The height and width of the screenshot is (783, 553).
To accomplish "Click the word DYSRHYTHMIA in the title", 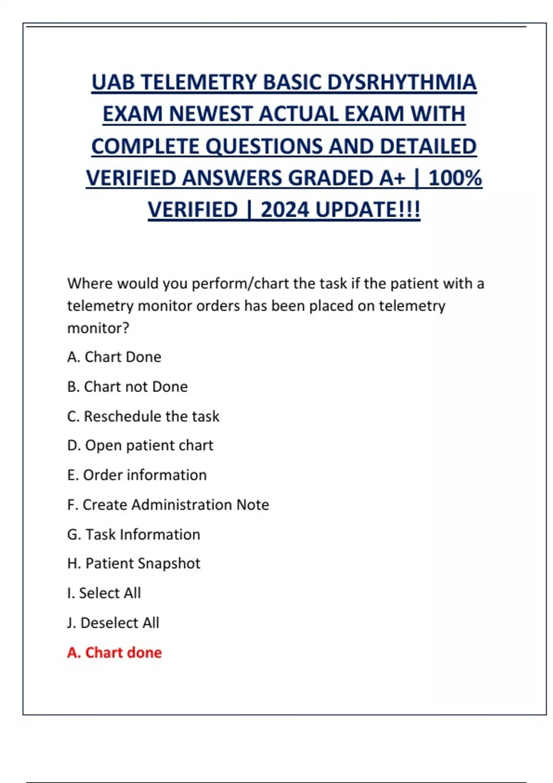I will (x=402, y=82).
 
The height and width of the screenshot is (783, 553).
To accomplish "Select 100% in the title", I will (x=455, y=178).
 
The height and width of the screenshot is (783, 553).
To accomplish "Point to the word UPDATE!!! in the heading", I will (x=368, y=210).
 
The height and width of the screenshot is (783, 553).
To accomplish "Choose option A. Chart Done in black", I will (x=114, y=357).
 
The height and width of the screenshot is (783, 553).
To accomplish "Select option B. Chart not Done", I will (x=127, y=386).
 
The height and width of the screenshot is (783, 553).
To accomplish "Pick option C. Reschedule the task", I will (x=143, y=416).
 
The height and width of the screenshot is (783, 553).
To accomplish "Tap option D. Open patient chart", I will (x=140, y=445).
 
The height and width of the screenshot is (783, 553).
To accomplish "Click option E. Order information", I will (x=137, y=475).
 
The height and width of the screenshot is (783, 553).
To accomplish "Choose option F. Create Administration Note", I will (x=168, y=505).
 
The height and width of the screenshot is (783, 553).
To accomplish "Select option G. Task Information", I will (x=134, y=534).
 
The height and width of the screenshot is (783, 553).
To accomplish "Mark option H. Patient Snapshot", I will (x=134, y=563).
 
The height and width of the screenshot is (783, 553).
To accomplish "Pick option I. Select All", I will (x=104, y=593).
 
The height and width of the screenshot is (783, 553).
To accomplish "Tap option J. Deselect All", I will (x=113, y=623).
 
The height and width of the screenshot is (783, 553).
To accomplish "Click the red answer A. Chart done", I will (x=114, y=653).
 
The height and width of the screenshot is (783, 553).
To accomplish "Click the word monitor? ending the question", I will (x=98, y=328).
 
